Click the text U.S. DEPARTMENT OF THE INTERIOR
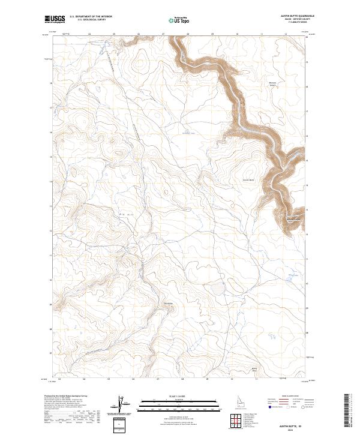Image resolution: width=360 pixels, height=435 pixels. (x=91, y=17)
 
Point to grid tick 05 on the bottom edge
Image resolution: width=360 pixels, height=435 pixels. (x=109, y=379)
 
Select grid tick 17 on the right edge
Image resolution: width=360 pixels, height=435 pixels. (x=308, y=111)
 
